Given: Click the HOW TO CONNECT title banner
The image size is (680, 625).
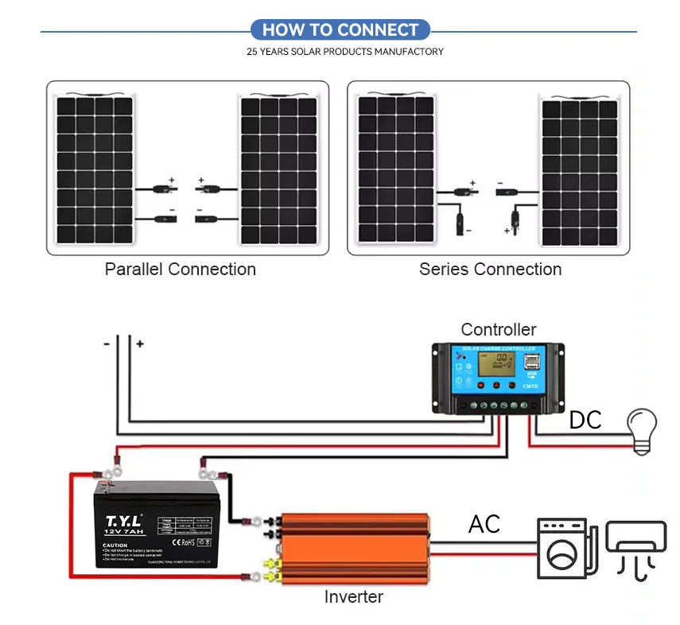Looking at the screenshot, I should [x=340, y=30].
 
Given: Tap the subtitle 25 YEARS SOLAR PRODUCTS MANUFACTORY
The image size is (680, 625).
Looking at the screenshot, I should [x=345, y=52].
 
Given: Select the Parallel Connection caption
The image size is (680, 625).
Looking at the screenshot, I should [x=181, y=270].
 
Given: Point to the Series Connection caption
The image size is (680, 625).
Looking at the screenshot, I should [x=490, y=270].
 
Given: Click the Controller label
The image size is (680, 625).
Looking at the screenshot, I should [x=499, y=329].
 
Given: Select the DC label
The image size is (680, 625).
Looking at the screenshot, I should [x=585, y=421].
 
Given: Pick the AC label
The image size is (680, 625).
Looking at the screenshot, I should [x=484, y=525].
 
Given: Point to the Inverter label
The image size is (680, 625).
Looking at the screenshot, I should [x=354, y=596].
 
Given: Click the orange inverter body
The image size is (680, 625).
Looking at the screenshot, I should [x=354, y=549].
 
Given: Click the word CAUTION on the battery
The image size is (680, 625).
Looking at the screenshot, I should [x=115, y=545].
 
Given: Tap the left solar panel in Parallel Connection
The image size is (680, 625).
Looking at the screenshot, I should [x=94, y=169].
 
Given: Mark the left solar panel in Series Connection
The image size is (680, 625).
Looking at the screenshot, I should [x=395, y=169].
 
